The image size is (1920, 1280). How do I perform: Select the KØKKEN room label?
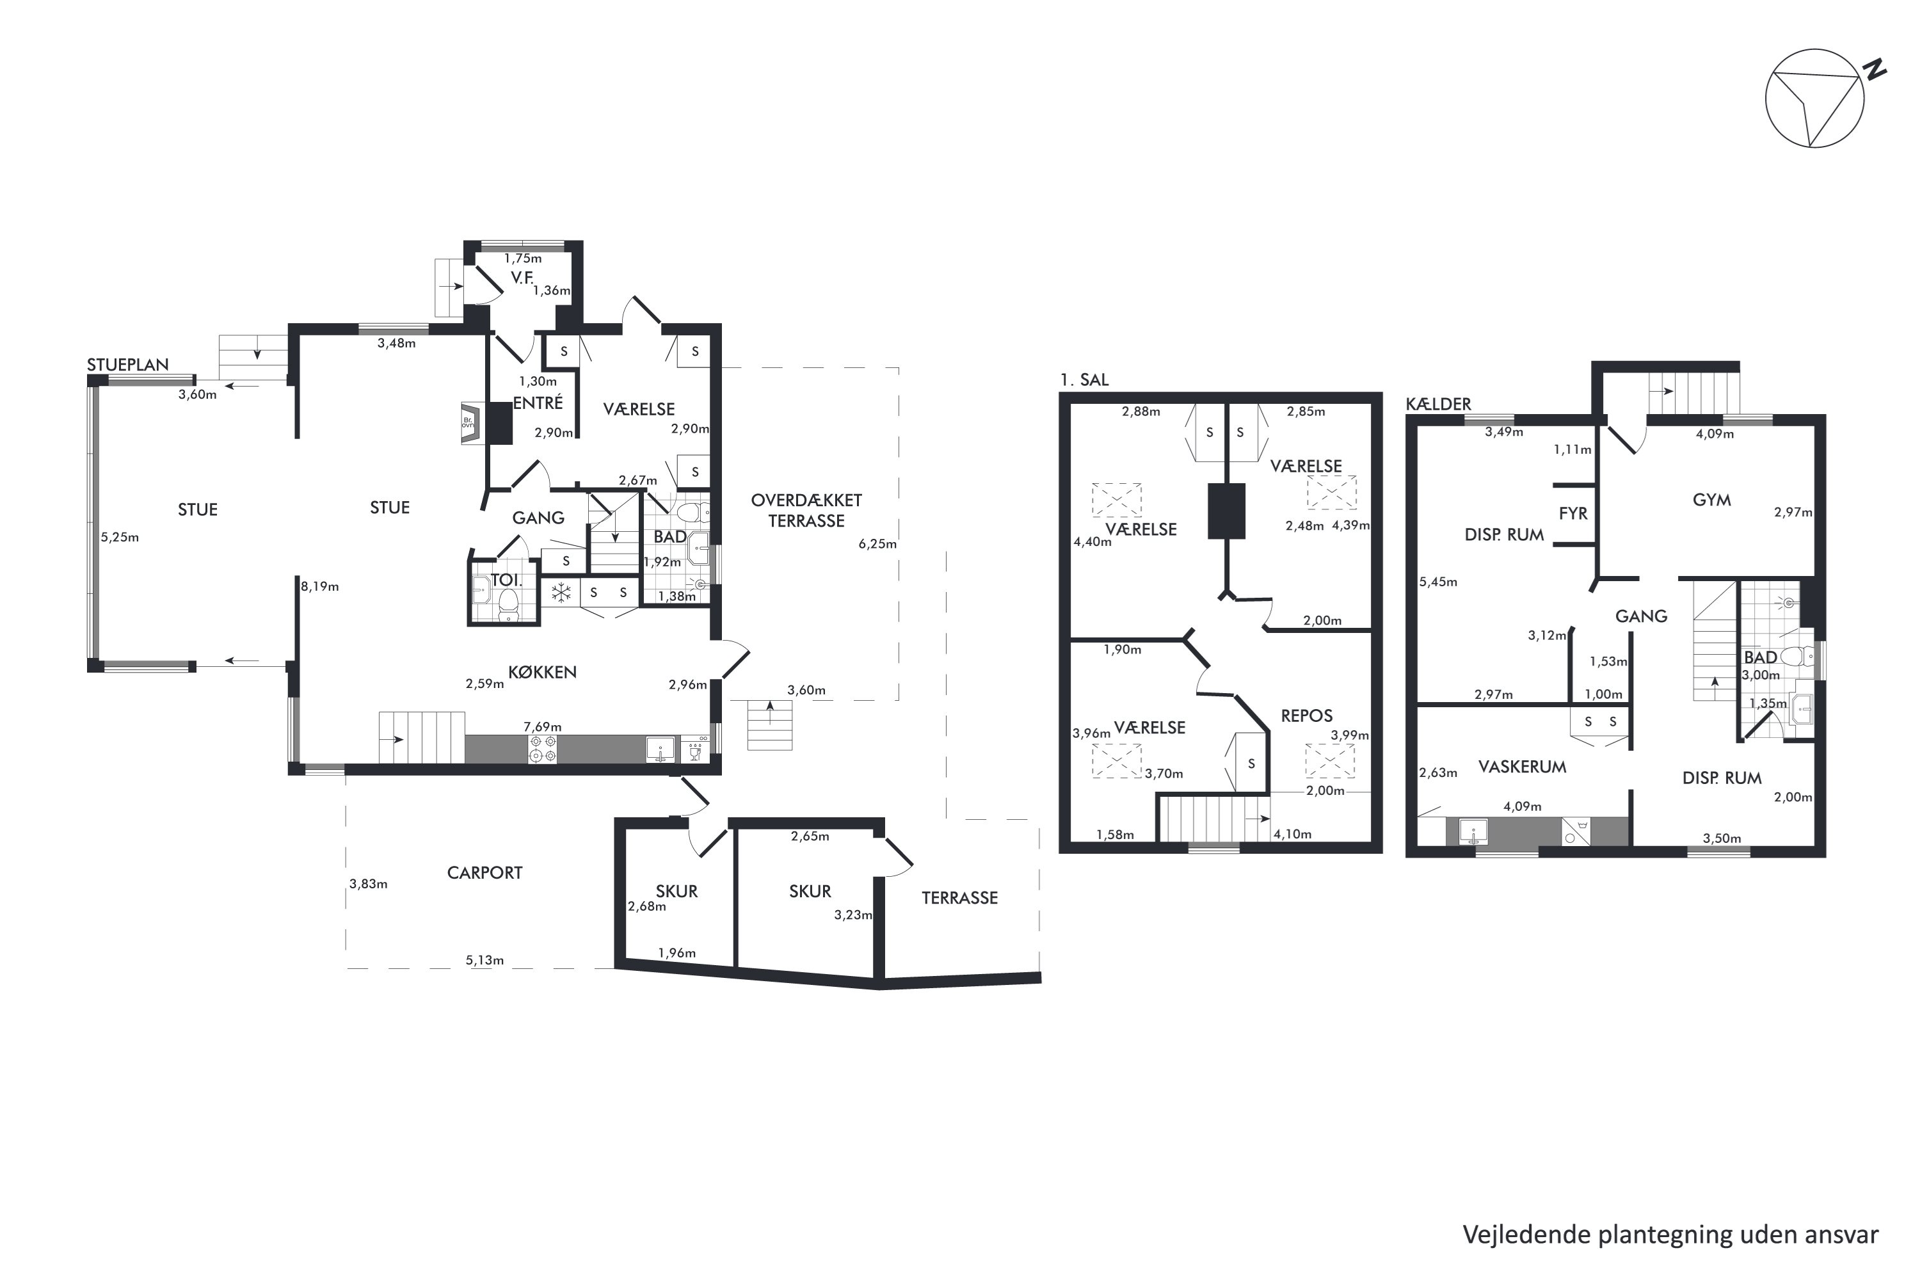542,672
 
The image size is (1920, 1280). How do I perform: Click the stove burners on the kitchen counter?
543,749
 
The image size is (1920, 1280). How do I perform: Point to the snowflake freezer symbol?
561,593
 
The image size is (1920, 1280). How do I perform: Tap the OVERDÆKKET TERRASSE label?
806,510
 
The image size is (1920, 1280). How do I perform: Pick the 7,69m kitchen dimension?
542,726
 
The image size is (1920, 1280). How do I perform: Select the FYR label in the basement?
1573,513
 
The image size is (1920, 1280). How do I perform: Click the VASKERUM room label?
1523,767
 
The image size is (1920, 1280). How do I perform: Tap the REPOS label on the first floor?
1306,716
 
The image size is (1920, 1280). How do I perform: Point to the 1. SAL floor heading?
1084,380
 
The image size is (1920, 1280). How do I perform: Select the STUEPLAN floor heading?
128,365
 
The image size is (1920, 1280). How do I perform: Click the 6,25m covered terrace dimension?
877,543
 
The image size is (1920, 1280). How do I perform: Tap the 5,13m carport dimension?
485,960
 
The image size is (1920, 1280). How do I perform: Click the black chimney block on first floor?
1226,511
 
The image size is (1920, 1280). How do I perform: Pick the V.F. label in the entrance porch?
522,278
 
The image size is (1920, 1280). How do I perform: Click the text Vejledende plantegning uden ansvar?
1670,1235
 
